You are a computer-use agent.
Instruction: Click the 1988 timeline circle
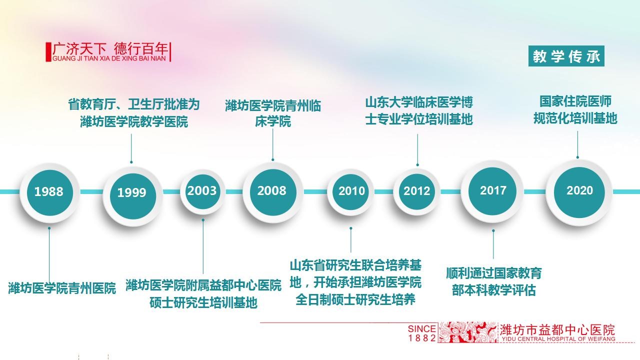click(49, 192)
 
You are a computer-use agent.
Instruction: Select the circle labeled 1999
click(132, 196)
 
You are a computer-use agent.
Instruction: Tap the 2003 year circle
click(202, 191)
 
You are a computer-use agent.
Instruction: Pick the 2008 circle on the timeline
click(272, 192)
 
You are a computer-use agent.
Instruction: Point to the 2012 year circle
click(416, 191)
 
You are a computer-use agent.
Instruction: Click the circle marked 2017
click(492, 191)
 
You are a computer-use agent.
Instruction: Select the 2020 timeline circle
click(579, 192)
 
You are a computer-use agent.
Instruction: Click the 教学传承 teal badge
click(566, 56)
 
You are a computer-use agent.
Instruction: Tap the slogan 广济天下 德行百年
click(110, 48)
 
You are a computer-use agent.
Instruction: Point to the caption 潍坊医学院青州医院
click(62, 288)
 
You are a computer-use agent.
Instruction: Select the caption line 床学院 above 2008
click(273, 121)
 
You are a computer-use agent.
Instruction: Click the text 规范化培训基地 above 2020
click(575, 118)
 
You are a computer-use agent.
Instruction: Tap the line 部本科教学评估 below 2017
click(493, 290)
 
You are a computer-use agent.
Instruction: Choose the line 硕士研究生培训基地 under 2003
click(203, 302)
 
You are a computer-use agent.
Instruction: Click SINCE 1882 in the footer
click(421, 333)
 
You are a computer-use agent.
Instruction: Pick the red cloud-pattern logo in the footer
click(467, 332)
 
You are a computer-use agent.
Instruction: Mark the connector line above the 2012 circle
click(417, 149)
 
